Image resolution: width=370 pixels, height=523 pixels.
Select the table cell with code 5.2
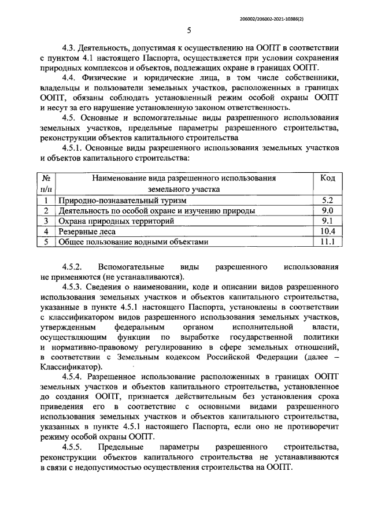pos(328,200)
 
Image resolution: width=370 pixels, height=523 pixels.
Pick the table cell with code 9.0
pos(328,211)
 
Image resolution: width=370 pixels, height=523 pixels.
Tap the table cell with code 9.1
pos(328,221)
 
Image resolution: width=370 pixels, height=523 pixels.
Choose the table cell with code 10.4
pos(328,232)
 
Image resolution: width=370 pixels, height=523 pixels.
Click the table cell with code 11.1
pos(328,242)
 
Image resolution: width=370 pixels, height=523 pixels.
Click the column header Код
pos(328,179)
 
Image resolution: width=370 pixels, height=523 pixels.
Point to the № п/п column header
pos(46,184)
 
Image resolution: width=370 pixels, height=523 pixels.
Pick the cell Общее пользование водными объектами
pos(132,242)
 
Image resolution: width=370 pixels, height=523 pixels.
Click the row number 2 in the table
pos(46,211)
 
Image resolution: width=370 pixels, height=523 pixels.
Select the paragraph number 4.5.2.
pos(75,268)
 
